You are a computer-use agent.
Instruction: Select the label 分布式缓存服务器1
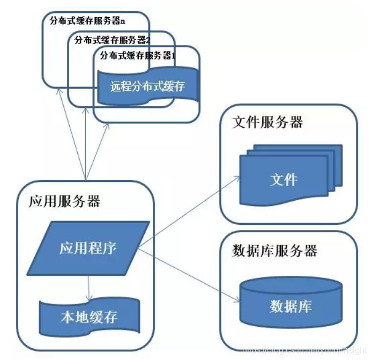138,55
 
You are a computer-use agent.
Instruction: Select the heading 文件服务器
267,122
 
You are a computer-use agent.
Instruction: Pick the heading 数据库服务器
275,251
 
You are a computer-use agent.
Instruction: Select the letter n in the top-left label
123,22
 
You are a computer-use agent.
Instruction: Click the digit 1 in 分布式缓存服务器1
173,55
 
